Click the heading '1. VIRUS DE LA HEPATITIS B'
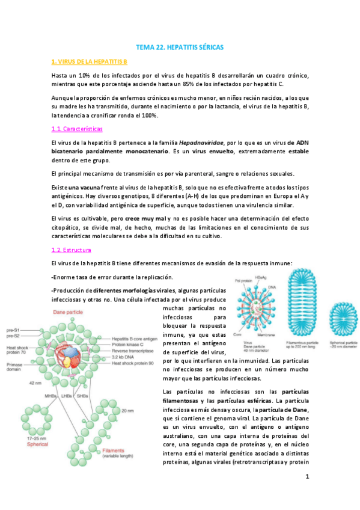pos(89,61)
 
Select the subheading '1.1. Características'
pos(77,129)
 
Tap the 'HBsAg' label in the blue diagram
pos(263,276)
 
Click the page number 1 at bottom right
pos(307,477)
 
